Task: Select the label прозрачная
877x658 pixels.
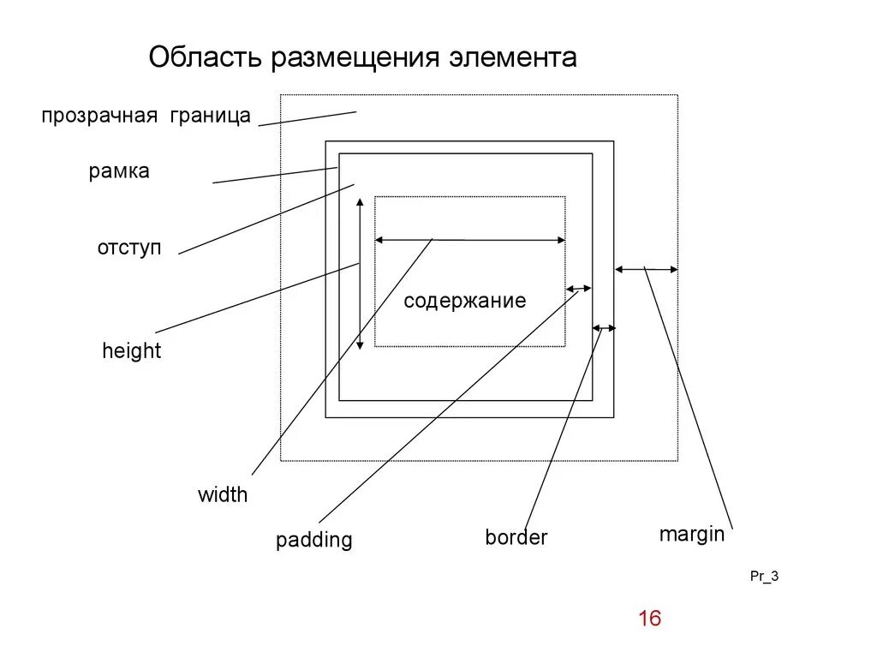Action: point(99,117)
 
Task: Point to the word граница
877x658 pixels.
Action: point(210,117)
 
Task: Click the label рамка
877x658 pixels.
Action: point(119,171)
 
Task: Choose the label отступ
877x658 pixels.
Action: point(129,248)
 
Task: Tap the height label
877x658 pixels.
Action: point(131,350)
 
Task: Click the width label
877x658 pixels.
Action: point(223,494)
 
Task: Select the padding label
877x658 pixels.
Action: point(313,540)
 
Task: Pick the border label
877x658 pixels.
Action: point(516,538)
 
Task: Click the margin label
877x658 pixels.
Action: point(691,535)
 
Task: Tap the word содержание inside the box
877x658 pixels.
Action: point(464,301)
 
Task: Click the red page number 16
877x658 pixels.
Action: point(650,619)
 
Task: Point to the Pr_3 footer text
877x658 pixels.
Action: point(764,577)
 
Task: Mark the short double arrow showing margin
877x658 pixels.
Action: point(647,270)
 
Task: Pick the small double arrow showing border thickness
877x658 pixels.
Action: point(604,327)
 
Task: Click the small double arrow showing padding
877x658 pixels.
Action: point(579,289)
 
